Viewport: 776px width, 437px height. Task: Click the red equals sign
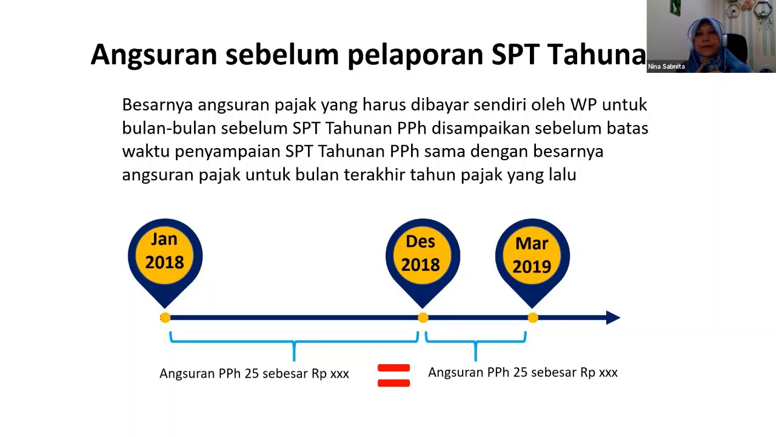[394, 375]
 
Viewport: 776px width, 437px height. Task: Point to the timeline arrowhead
[613, 317]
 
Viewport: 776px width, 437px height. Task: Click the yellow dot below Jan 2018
[166, 317]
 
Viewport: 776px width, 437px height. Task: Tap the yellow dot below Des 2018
[423, 317]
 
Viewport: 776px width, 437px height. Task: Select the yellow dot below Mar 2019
[533, 317]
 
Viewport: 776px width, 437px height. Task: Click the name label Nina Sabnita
[666, 66]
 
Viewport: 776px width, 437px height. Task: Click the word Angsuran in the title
[154, 55]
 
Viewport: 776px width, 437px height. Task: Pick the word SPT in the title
[515, 54]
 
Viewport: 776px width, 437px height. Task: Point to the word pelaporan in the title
[415, 55]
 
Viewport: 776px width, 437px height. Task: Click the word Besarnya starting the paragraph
[157, 104]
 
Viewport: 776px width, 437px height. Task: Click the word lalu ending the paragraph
[563, 174]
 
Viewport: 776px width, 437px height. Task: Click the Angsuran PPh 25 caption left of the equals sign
[254, 373]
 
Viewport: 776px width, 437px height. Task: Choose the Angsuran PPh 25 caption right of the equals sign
[523, 372]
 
